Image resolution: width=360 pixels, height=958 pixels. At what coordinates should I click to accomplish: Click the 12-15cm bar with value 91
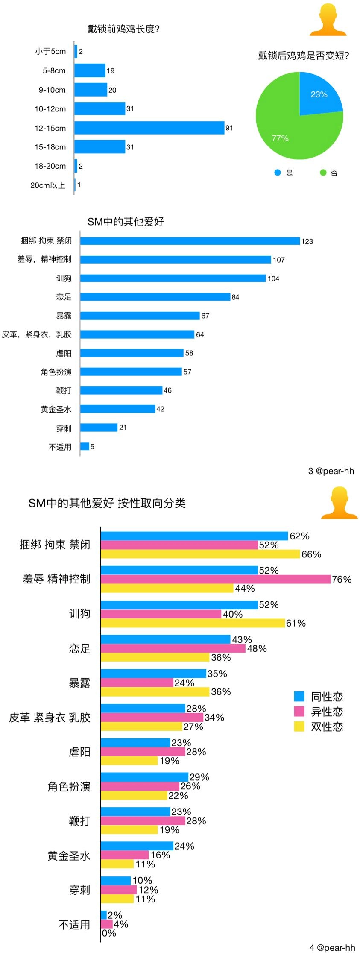pos(149,128)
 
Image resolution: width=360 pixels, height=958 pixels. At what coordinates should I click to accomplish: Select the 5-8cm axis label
pos(54,71)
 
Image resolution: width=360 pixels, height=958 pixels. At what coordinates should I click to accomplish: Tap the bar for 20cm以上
pos(75,185)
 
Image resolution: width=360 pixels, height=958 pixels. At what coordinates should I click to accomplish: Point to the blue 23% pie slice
pos(318,96)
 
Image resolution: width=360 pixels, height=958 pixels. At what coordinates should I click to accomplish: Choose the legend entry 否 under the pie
pos(329,173)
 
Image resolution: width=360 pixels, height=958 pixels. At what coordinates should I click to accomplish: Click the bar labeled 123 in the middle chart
pos(190,241)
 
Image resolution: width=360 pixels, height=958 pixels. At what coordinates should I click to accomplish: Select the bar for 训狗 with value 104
pos(173,278)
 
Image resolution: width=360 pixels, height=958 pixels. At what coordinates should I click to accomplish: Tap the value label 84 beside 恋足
pos(235,297)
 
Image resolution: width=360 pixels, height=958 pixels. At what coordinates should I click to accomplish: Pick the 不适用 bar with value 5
pos(85,446)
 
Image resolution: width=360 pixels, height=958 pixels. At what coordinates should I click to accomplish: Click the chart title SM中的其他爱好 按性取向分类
pos(107,503)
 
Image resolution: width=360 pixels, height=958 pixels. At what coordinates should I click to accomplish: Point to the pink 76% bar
pos(216,579)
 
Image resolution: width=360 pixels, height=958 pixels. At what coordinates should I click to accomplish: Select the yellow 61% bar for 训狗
pos(193,623)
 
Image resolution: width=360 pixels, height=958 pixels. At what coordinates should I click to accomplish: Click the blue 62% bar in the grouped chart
pos(194,536)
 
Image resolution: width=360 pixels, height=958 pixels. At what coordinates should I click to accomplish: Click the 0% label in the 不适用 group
pos(109,933)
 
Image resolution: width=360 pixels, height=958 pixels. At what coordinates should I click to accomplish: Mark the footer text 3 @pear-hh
pos(331,471)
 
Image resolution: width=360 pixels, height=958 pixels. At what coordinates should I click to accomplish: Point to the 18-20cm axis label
pos(50,166)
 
